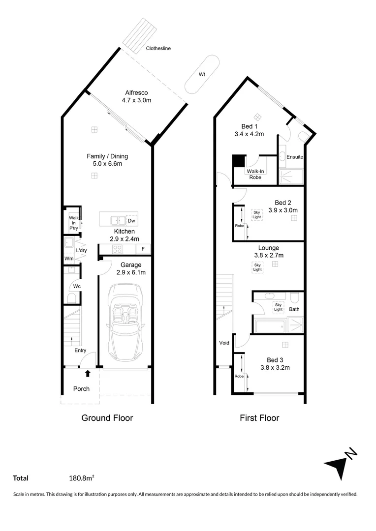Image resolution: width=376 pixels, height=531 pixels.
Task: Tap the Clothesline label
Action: point(158,49)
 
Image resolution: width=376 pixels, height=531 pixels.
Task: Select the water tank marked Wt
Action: point(202,74)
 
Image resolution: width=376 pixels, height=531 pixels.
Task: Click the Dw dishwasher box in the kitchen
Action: point(132,221)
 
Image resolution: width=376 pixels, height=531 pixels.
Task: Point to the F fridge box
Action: point(143,249)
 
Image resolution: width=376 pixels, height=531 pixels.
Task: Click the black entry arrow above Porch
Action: point(88,374)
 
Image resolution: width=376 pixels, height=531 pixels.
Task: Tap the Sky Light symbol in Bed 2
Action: point(257,214)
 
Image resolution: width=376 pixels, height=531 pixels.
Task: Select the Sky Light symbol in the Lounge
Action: point(257,267)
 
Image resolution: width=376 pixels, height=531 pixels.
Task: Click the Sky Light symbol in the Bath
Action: point(278,307)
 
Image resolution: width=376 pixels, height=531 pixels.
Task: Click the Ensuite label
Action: point(295,157)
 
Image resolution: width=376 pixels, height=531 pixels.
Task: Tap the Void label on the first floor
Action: point(224,343)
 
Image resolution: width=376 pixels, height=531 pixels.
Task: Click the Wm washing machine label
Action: point(69,258)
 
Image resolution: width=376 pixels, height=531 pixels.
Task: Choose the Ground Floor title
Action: point(107,418)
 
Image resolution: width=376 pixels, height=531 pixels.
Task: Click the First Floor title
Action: point(259,418)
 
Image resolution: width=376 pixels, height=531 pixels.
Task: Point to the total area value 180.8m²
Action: point(82,477)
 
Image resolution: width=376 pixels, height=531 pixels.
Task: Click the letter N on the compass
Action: point(351,454)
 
